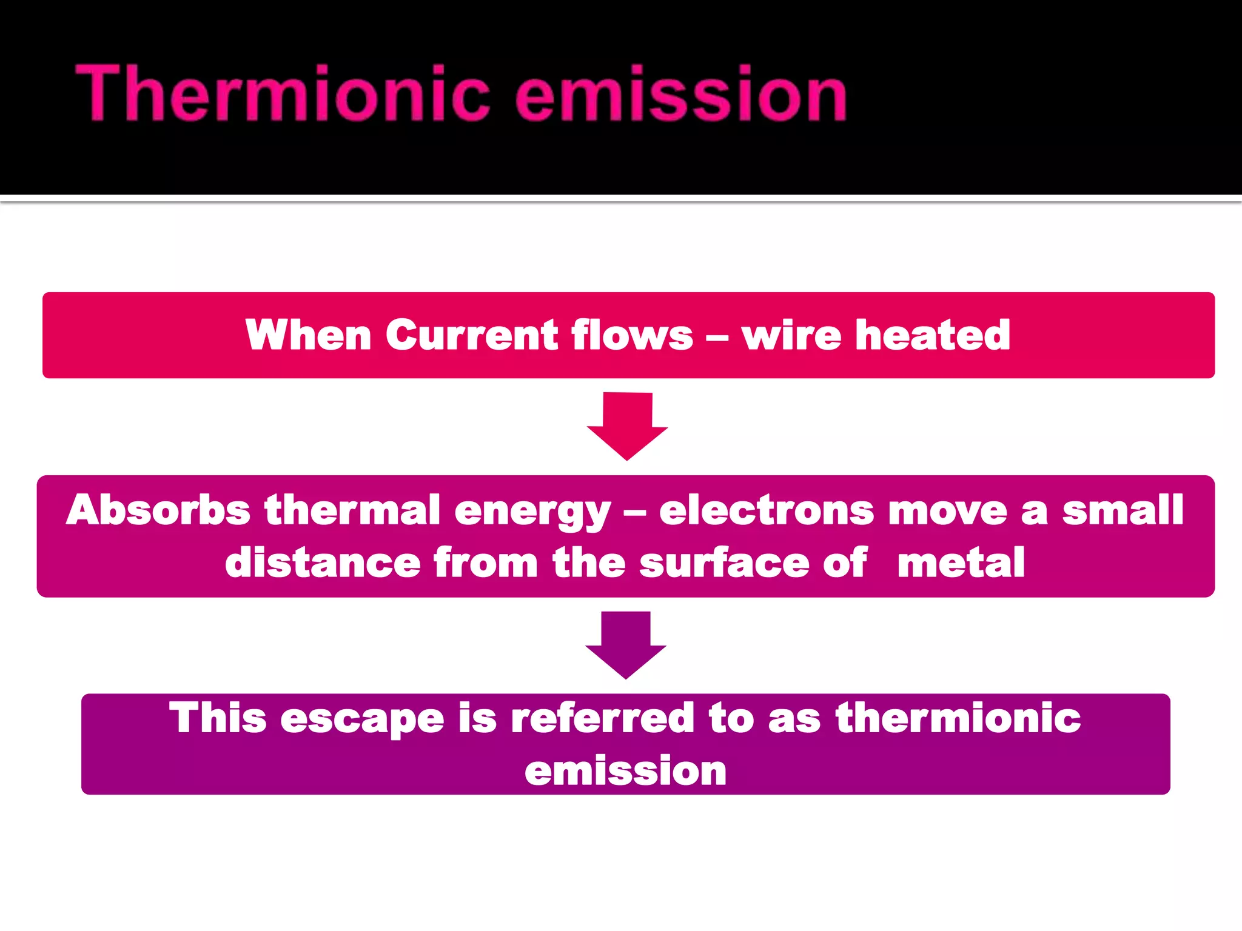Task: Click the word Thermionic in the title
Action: pos(281,94)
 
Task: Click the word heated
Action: pos(932,335)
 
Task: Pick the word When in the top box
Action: pos(308,335)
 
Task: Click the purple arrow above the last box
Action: pos(625,644)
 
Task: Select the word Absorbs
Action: pos(158,510)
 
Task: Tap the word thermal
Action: pos(352,510)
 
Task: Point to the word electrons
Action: pos(767,510)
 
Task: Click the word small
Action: pos(1123,510)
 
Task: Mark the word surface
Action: pos(724,562)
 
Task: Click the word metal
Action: pos(961,562)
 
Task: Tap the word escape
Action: pos(362,719)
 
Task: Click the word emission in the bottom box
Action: pos(625,771)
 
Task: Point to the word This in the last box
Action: pos(218,719)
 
